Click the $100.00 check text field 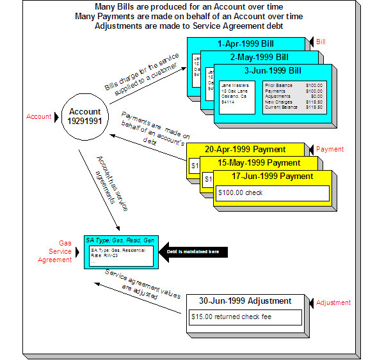click(273, 192)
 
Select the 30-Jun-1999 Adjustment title click(246, 301)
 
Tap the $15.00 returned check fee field click(246, 317)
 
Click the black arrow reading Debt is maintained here click(193, 251)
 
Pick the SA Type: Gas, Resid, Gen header click(120, 240)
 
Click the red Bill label click(320, 42)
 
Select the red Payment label click(330, 149)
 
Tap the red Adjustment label click(333, 302)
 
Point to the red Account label click(38, 117)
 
